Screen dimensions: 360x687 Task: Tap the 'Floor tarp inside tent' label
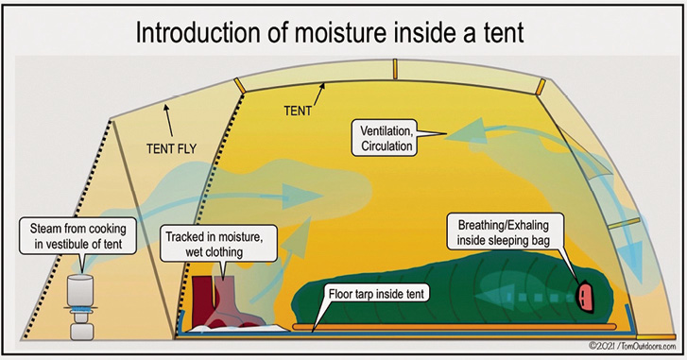tap(378, 294)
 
